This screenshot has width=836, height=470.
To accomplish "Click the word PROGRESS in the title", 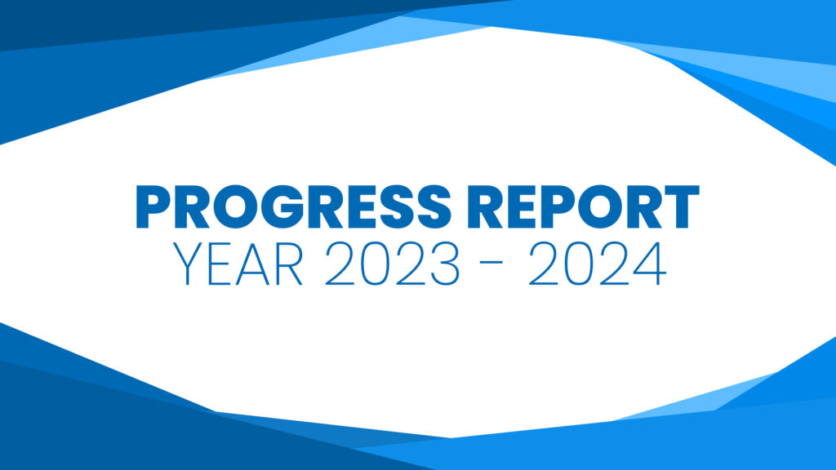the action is click(x=294, y=206).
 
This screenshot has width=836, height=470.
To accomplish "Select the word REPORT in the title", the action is click(x=583, y=206).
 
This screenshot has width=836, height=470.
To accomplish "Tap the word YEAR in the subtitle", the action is click(x=238, y=264).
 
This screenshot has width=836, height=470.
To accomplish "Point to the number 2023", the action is click(x=392, y=264).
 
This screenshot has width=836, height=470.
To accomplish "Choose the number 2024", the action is click(x=597, y=264).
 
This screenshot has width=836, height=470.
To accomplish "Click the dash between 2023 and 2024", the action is click(x=494, y=262).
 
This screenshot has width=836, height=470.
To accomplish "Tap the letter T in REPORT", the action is click(x=679, y=206).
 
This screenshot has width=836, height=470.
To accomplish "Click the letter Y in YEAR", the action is click(x=188, y=264).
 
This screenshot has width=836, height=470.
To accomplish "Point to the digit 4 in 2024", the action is click(x=650, y=264).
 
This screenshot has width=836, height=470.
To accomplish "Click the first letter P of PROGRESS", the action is click(x=153, y=206).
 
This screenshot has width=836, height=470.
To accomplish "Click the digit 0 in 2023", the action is click(x=375, y=264).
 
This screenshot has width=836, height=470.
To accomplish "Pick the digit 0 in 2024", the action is click(x=579, y=264).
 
